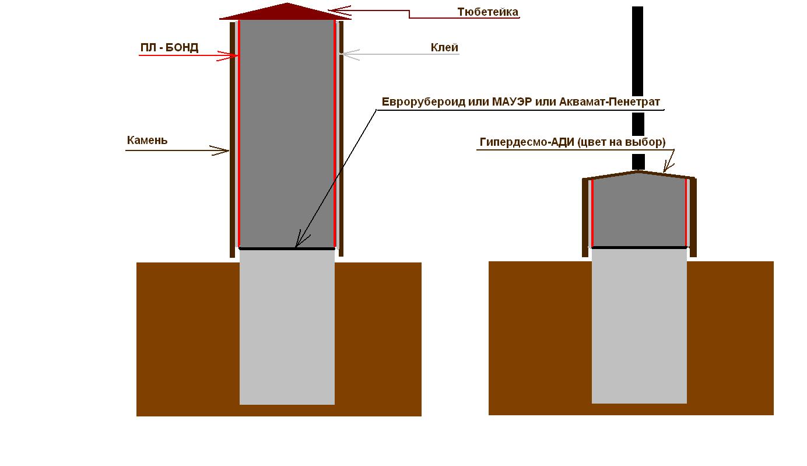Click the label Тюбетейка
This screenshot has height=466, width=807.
click(488, 12)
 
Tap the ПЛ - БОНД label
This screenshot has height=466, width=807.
click(169, 48)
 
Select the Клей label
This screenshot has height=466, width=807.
click(444, 48)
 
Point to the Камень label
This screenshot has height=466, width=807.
click(147, 140)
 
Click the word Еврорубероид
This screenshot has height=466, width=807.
click(423, 102)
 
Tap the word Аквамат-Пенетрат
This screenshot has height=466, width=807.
click(609, 101)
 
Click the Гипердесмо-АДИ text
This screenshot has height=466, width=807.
click(527, 142)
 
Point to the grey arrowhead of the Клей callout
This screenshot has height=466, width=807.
click(349, 54)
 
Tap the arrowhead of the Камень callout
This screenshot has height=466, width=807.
click(220, 150)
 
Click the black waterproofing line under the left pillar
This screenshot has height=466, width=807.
click(287, 248)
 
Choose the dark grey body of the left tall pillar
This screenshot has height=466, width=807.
click(287, 134)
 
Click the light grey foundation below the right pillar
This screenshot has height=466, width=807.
click(639, 326)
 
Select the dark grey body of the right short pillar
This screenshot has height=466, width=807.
click(639, 213)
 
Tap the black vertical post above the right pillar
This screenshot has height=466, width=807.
click(638, 88)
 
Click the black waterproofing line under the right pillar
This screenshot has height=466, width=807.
click(639, 248)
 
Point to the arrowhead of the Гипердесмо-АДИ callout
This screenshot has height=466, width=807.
click(668, 166)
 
